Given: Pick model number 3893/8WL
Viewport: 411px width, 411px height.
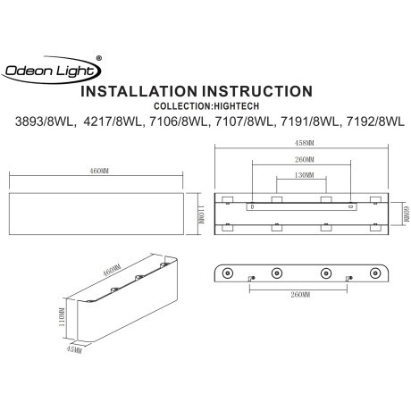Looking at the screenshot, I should (x=41, y=122).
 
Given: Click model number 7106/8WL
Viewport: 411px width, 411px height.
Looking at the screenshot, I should (x=177, y=122).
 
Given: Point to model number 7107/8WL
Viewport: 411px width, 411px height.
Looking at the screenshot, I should (x=243, y=122).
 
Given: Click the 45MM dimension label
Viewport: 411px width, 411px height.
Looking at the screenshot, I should (x=77, y=349).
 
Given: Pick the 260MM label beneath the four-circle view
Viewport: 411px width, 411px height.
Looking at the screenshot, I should (x=301, y=295).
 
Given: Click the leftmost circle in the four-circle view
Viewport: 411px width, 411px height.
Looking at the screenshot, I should (x=230, y=273).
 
